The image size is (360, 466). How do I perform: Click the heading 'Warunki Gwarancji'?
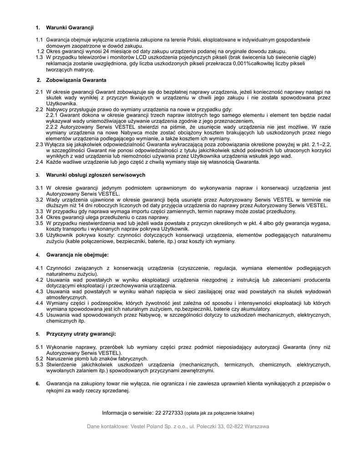(70, 28)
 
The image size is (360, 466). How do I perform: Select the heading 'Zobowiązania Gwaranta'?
(76, 80)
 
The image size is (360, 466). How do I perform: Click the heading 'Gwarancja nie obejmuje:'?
(77, 255)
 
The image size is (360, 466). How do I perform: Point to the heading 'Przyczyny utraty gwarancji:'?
(81, 334)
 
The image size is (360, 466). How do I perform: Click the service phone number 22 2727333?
(169, 413)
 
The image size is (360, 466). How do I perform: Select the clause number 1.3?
(39, 58)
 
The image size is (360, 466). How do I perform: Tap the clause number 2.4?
(39, 162)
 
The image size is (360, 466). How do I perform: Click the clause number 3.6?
(39, 235)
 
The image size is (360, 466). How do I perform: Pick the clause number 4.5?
(39, 314)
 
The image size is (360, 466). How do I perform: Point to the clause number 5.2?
(39, 359)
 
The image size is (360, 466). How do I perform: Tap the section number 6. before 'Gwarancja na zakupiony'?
(38, 384)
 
